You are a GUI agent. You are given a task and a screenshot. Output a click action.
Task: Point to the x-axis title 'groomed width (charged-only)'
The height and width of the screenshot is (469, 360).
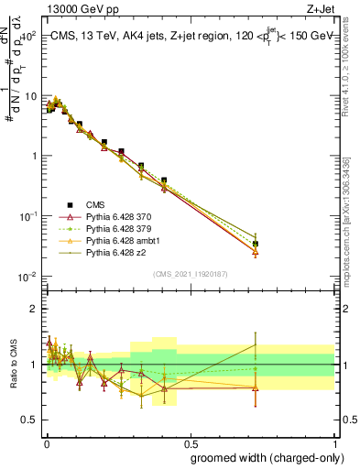point(262,456)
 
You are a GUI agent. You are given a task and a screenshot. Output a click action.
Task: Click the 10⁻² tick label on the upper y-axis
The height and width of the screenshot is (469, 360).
point(26,276)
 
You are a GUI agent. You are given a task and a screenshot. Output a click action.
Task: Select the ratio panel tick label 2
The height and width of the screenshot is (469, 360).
point(34,309)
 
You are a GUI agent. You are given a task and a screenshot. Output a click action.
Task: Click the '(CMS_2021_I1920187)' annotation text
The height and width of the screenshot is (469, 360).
point(190,274)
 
